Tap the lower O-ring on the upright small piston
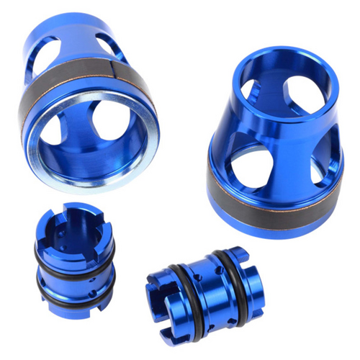[x=72, y=297]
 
